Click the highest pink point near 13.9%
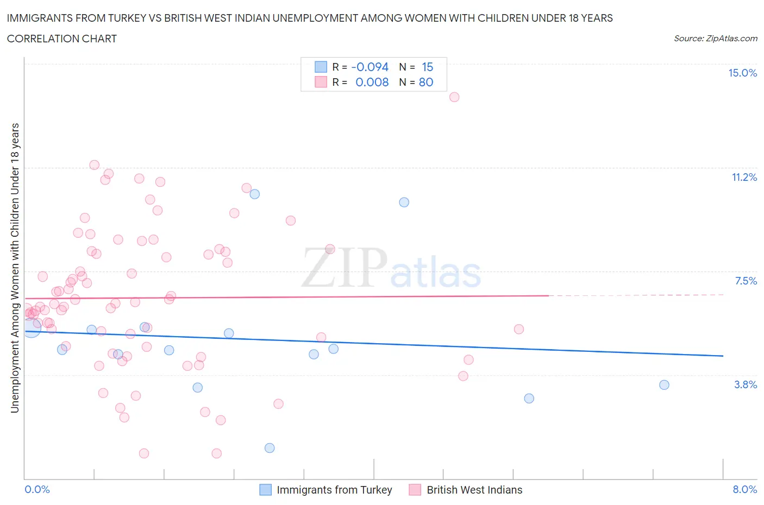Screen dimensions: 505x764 (x=454, y=97)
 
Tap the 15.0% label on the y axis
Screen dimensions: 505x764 (x=742, y=73)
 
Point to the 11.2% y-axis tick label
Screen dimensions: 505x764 (x=744, y=177)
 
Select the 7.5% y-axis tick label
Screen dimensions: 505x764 (x=746, y=281)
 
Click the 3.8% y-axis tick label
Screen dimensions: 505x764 (x=745, y=384)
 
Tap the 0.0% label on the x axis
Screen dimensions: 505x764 (x=37, y=489)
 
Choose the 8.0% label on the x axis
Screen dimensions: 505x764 (x=744, y=489)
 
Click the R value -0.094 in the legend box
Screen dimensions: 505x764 (x=370, y=67)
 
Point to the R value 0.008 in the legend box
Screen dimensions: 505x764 (x=372, y=82)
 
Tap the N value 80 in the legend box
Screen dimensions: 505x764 (x=426, y=82)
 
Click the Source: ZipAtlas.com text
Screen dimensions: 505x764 (x=715, y=39)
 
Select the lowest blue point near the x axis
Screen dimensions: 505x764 (x=270, y=448)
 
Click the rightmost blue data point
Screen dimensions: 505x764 (x=664, y=385)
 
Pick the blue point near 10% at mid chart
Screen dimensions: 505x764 (x=404, y=202)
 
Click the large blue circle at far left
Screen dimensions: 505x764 (x=32, y=327)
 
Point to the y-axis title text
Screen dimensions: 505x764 (x=15, y=268)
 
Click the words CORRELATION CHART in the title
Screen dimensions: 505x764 (x=61, y=39)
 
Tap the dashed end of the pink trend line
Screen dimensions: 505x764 (x=636, y=295)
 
